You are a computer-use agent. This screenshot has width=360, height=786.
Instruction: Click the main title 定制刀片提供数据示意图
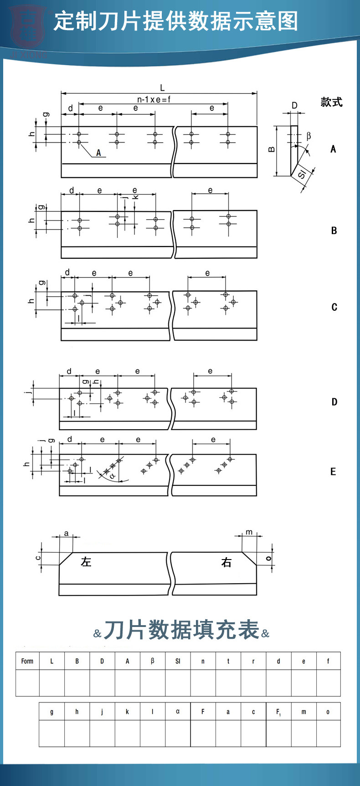tap(175, 21)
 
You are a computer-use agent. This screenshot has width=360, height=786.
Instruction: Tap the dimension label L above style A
tap(162, 88)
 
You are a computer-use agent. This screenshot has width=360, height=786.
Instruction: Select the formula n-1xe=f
tap(154, 99)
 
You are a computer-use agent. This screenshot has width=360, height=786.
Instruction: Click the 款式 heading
tap(331, 102)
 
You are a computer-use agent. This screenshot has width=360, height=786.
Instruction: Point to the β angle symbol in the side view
tap(309, 136)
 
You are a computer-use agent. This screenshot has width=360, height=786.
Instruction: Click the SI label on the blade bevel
tap(302, 175)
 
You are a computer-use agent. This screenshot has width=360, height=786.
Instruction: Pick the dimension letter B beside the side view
tap(272, 149)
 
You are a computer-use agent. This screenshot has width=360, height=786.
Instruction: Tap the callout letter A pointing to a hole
tap(98, 153)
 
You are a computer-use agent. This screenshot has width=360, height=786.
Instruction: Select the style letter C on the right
tap(334, 307)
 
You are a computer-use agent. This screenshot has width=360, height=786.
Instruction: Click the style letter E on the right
tap(333, 472)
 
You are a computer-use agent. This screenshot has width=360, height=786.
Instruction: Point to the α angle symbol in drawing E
tap(113, 476)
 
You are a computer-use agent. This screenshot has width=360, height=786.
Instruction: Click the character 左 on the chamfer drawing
tap(86, 562)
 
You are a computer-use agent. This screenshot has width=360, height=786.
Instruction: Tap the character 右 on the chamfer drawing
tap(226, 563)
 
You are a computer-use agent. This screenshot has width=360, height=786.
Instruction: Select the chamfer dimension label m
tap(249, 532)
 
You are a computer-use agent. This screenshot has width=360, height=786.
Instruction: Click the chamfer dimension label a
tap(67, 533)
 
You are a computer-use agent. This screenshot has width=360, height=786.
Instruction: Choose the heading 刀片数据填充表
tap(181, 631)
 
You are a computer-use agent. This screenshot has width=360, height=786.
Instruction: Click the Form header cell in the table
tap(27, 661)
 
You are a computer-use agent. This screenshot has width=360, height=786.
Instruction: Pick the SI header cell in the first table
tap(178, 661)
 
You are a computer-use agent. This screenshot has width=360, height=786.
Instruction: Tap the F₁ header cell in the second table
tap(278, 712)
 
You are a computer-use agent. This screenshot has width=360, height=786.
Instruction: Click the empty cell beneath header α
tap(178, 733)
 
